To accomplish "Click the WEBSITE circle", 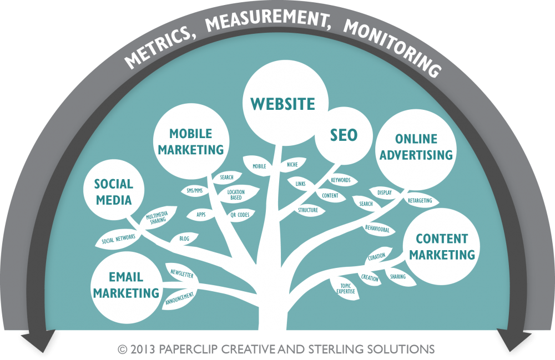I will coord(282,104).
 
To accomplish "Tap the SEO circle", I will coord(344,135).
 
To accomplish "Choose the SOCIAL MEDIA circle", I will coord(113,191).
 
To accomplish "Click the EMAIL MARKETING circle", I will coord(127,284).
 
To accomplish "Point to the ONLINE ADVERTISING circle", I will coord(424,146).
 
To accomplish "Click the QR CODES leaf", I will coord(239,214).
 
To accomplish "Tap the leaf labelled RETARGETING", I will coord(420,200).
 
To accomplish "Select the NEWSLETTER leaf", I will coord(182,273).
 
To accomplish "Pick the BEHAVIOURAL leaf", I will coord(377,229).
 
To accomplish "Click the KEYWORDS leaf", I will coord(340,180).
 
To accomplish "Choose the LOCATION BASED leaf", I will coord(235,195).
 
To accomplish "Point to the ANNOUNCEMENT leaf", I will coord(179,300).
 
